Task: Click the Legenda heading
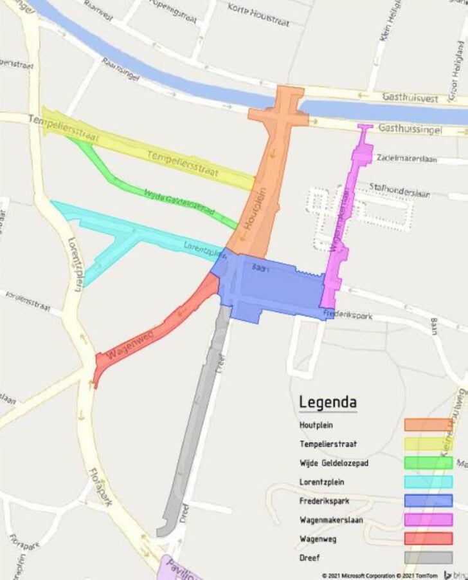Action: click(328, 403)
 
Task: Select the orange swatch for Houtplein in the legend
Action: click(428, 425)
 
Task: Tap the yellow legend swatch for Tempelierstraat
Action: click(428, 444)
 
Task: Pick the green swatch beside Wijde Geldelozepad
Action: click(428, 463)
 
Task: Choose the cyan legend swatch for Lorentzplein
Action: click(428, 482)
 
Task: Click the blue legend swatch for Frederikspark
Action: click(428, 500)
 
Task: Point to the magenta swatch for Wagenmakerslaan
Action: click(428, 519)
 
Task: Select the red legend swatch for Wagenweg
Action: click(428, 538)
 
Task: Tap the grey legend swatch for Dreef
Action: click(428, 557)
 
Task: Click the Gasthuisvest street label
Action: click(410, 98)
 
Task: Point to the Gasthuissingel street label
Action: click(410, 129)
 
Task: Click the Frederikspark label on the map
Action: click(348, 315)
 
